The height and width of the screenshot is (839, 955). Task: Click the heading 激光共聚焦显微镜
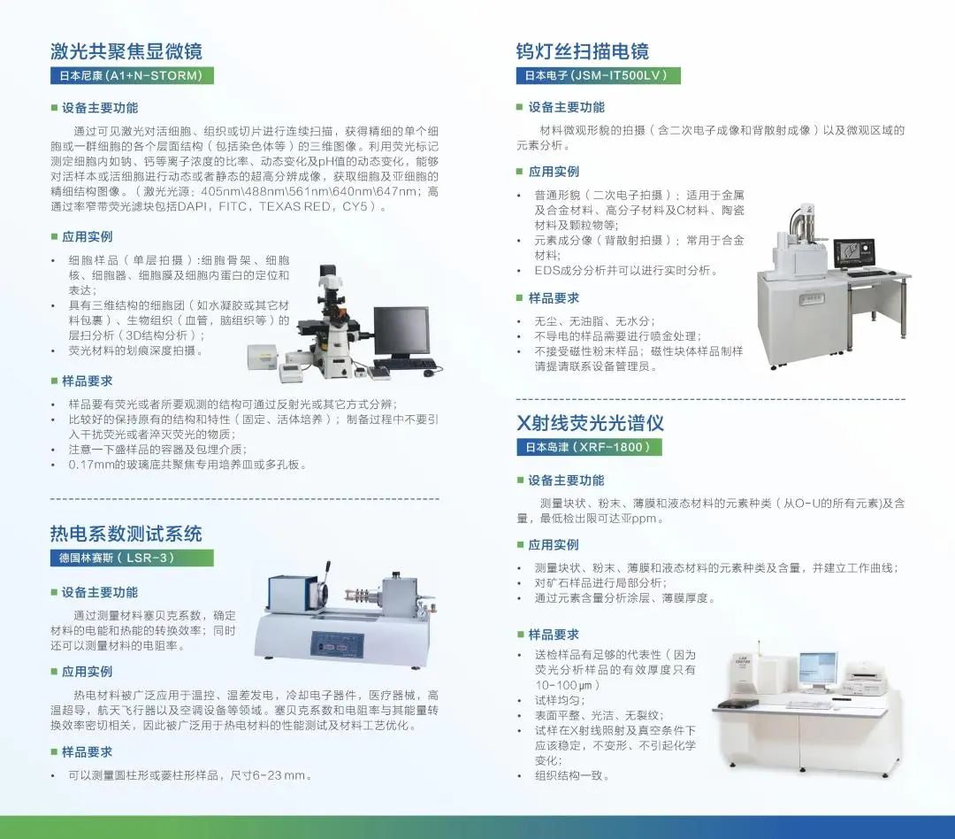point(126,51)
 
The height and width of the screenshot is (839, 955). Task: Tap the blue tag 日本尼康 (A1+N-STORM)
point(132,75)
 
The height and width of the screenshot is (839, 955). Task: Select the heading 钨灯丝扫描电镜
point(582,51)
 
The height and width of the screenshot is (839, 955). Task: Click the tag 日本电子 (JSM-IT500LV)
point(598,75)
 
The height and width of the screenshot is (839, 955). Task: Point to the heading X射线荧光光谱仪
point(590,422)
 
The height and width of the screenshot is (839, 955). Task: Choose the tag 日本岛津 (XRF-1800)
point(589,447)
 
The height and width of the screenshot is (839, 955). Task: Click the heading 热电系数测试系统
point(126,534)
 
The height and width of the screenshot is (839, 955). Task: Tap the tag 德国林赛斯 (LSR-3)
point(132,558)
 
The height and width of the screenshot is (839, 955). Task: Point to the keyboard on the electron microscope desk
point(867,273)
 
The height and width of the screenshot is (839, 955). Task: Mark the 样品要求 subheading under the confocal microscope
point(87,381)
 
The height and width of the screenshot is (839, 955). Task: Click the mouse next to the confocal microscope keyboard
point(429,372)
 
